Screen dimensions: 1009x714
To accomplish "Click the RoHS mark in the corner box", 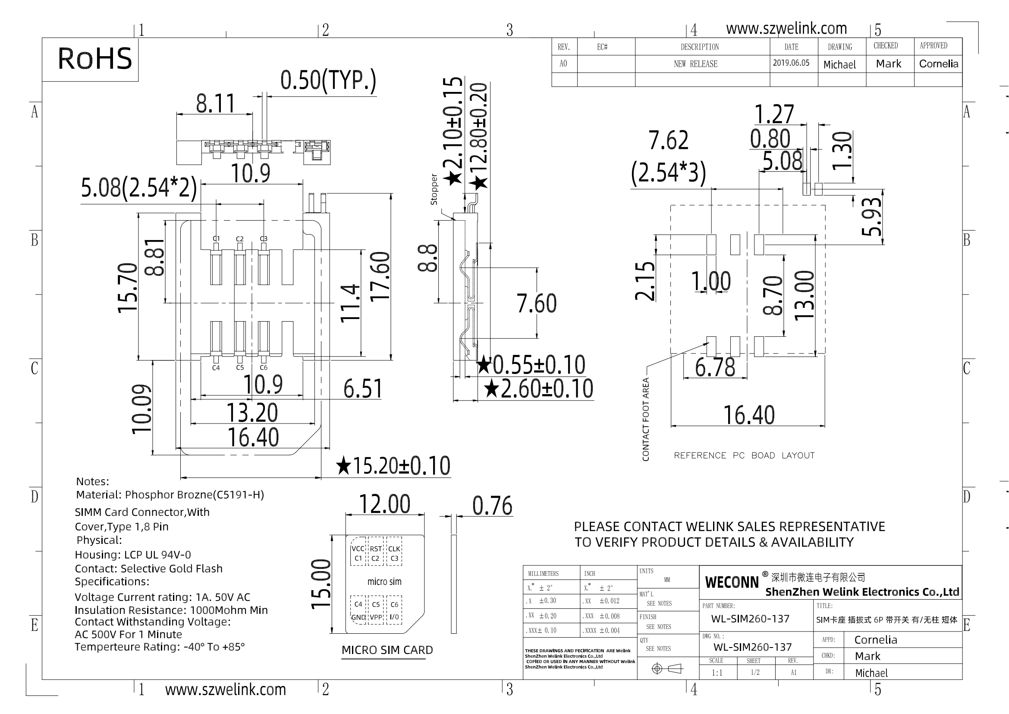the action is (94, 59).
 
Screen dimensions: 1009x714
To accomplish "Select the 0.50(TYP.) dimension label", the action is (328, 80).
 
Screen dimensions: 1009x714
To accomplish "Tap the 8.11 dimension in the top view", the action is (215, 103).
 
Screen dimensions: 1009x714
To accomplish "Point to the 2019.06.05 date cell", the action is (791, 63).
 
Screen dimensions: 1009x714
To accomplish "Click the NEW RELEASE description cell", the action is (696, 64).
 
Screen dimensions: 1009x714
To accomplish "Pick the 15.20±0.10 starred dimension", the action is (393, 466).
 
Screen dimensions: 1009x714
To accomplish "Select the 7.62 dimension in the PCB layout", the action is (668, 140).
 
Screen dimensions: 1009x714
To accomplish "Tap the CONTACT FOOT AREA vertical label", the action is (646, 420).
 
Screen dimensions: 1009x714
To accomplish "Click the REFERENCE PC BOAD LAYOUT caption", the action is (744, 455).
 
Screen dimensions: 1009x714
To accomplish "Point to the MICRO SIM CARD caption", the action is (387, 650).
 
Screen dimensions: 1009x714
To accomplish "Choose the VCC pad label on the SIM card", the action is (358, 549).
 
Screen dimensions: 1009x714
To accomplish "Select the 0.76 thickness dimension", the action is (492, 505).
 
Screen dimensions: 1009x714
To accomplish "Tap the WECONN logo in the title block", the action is (732, 582).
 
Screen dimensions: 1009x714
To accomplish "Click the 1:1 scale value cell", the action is (717, 673).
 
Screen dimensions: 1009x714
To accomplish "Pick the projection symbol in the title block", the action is (667, 669).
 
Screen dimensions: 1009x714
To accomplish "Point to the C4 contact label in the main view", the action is (216, 367).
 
